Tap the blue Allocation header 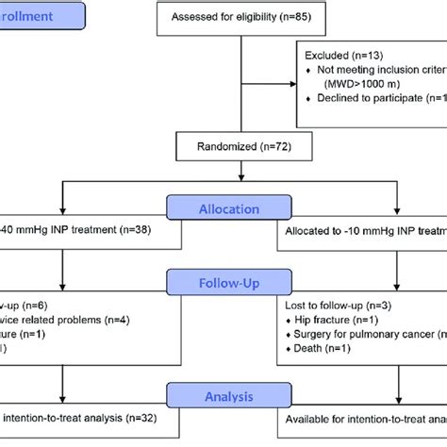click(x=223, y=208)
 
